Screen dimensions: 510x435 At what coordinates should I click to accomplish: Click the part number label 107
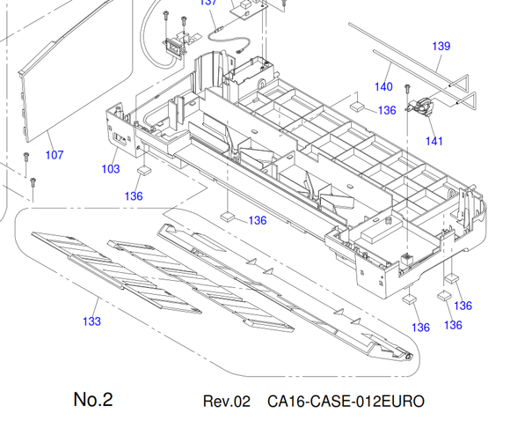(x=55, y=155)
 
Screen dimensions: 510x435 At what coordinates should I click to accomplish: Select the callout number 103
(x=111, y=169)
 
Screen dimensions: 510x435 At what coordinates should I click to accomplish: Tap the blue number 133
(x=91, y=321)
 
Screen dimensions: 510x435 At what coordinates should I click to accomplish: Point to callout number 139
(x=441, y=46)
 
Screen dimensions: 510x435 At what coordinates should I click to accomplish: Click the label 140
(x=383, y=86)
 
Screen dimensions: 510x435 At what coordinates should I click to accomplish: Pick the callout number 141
(x=434, y=141)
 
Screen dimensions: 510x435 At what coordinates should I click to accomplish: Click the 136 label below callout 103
(x=134, y=196)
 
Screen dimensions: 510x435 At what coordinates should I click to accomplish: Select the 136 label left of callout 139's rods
(x=387, y=110)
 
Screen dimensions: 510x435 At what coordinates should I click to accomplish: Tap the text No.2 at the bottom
(x=93, y=399)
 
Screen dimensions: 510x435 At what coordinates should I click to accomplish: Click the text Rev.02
(x=227, y=402)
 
